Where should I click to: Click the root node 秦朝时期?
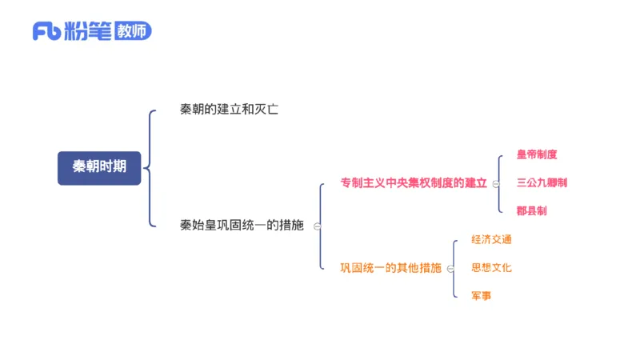pos(99,167)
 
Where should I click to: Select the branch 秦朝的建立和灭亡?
pos(229,110)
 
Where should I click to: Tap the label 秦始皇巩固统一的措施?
pos(242,226)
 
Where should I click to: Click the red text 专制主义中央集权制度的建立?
pos(414,182)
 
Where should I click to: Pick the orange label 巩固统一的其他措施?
pos(390,267)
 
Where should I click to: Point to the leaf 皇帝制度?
pos(537,154)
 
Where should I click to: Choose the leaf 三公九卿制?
pos(542,182)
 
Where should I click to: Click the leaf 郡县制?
pos(532,210)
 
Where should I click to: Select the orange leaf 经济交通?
pos(491,239)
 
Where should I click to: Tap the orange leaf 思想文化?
pos(491,267)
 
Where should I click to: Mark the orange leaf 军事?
pos(482,296)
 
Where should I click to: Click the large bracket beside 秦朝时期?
pos(150,168)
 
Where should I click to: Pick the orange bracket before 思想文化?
pos(454,267)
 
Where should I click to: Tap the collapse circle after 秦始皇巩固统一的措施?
pos(318,226)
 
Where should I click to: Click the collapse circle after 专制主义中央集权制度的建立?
pos(495,183)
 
